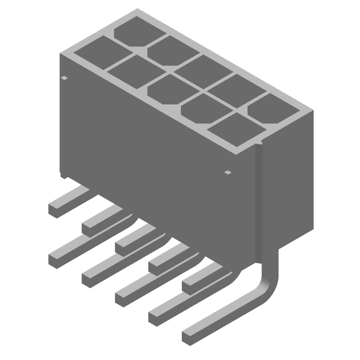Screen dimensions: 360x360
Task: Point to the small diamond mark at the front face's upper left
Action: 65,78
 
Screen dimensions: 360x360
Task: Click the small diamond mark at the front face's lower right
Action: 228,172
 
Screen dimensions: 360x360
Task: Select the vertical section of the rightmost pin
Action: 259,202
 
